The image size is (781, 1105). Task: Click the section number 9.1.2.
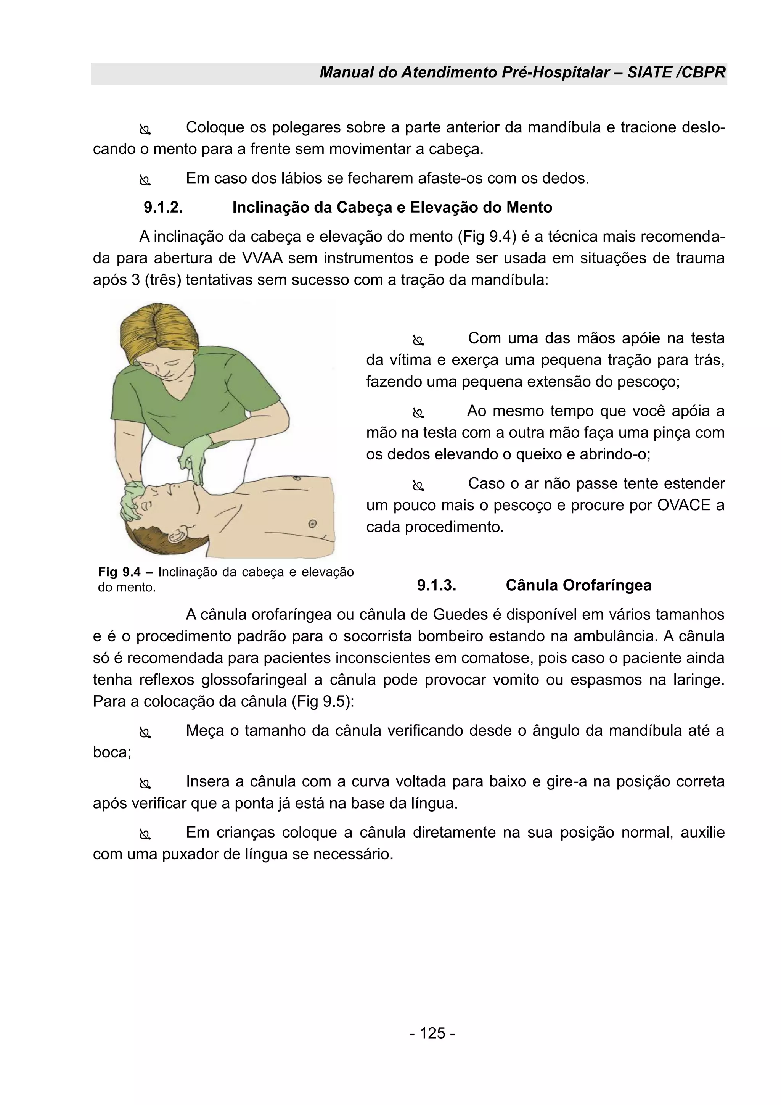tap(164, 208)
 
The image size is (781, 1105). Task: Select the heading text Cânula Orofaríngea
tap(578, 585)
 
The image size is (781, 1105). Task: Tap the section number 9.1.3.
tap(436, 585)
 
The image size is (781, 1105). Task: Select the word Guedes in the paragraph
tap(460, 615)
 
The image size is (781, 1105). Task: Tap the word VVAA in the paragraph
tap(260, 258)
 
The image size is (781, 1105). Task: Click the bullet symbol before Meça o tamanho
tap(145, 733)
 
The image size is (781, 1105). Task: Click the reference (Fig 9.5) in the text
tap(323, 701)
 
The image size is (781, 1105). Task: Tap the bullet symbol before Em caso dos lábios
tap(145, 180)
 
